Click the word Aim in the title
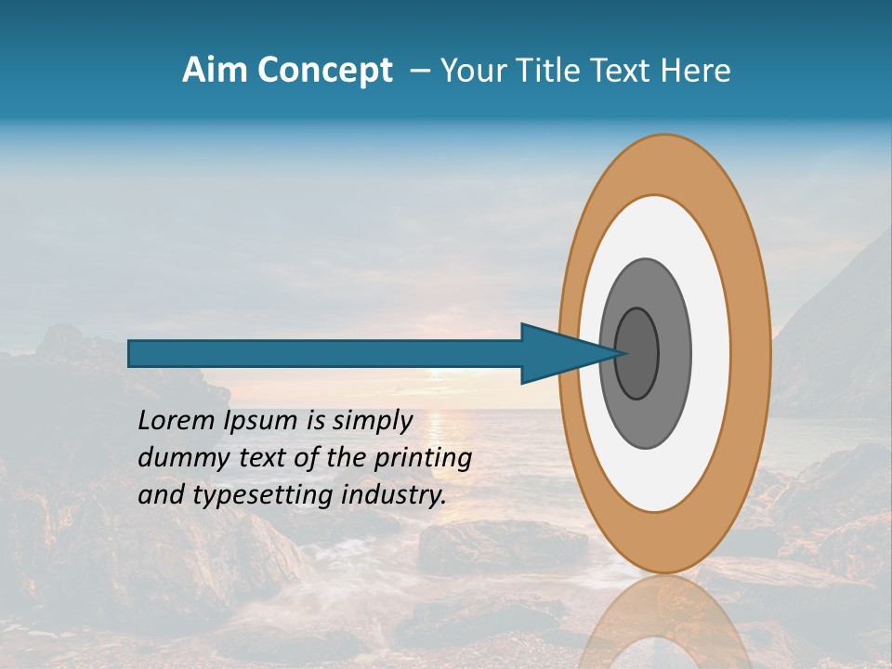216,71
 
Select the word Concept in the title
325,72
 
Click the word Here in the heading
695,71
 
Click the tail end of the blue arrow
131,353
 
